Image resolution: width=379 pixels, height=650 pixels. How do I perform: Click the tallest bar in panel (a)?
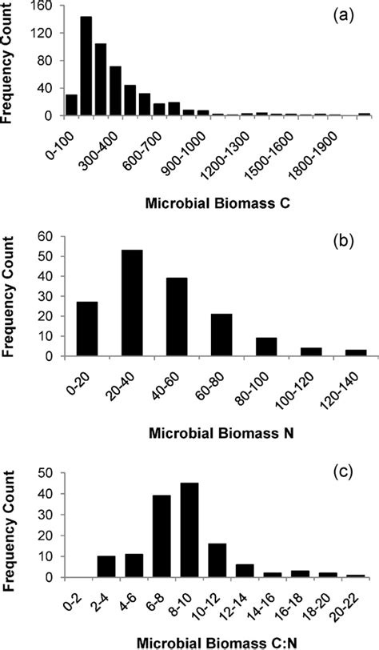pyautogui.click(x=86, y=66)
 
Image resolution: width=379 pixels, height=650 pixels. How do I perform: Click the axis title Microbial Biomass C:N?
pyautogui.click(x=209, y=640)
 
